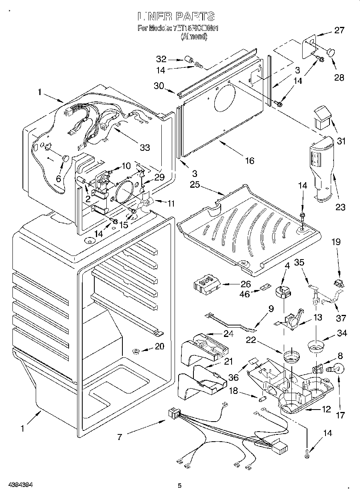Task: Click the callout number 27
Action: [x=339, y=30]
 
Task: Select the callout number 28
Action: [x=339, y=77]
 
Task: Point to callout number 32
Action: [x=161, y=59]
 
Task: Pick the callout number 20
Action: [x=159, y=347]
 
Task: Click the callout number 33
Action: [x=144, y=147]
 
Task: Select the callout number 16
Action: [x=249, y=160]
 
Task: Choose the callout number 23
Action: [x=340, y=207]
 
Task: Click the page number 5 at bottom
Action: [x=179, y=486]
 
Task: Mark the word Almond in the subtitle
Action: [x=194, y=37]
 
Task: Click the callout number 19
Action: [x=336, y=242]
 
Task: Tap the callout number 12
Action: [x=326, y=409]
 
